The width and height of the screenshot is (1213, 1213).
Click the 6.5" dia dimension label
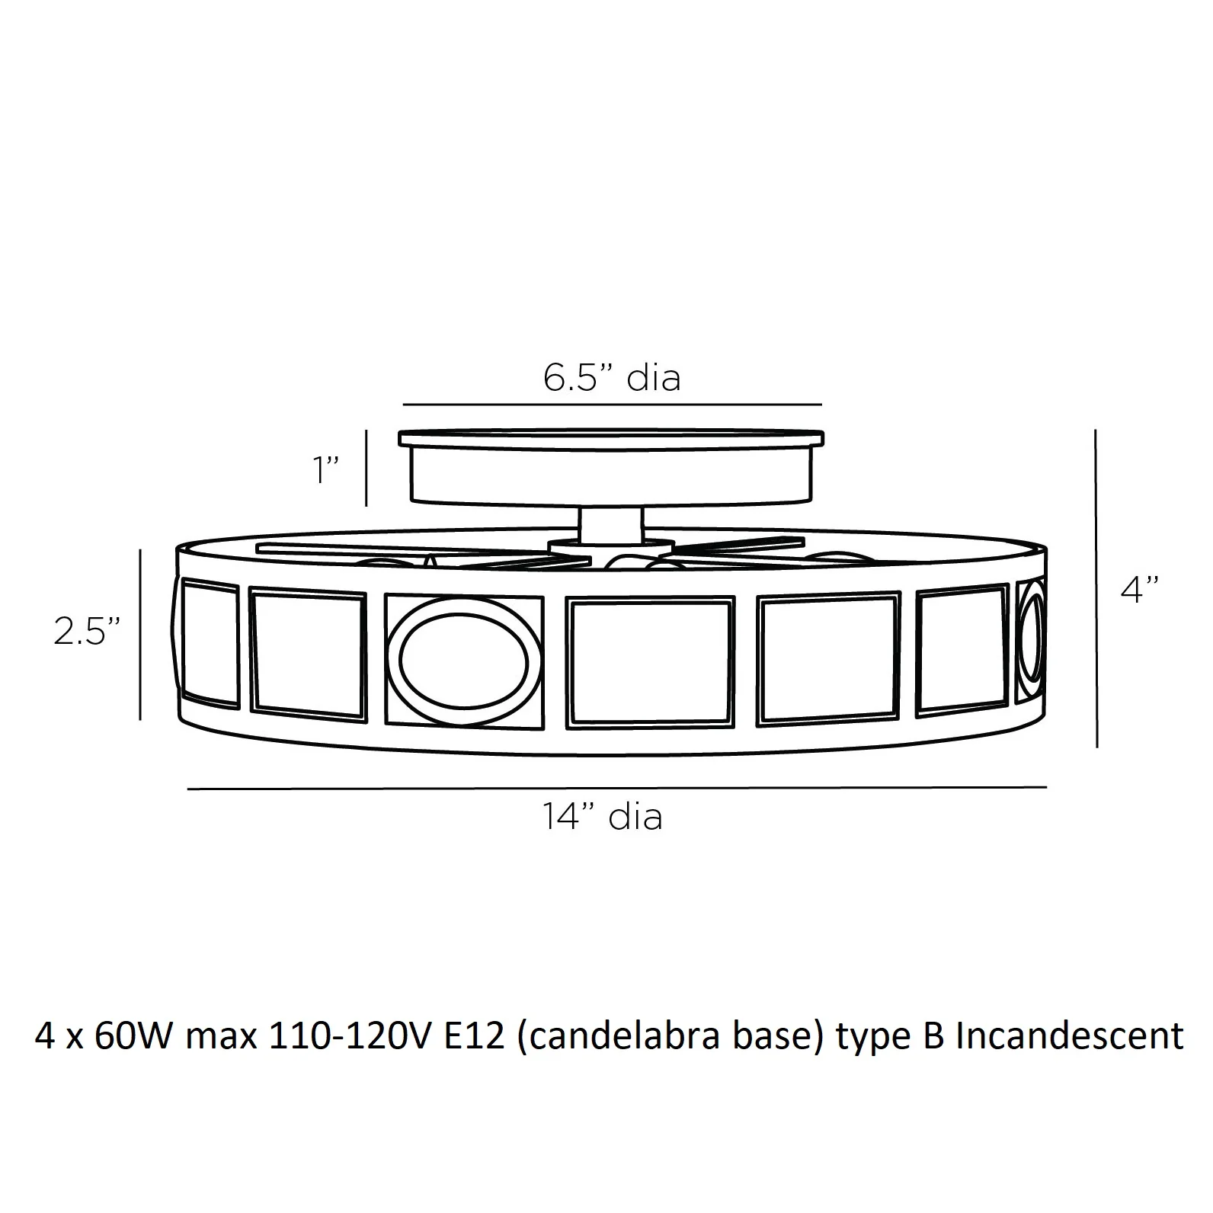[612, 377]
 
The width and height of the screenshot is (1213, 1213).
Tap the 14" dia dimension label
[603, 816]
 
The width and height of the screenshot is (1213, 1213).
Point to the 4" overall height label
[1140, 589]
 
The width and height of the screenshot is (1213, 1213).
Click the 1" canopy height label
[327, 469]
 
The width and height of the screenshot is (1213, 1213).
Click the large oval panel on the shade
[464, 659]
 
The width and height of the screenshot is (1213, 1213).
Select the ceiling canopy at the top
[611, 466]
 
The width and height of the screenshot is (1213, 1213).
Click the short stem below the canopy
[611, 523]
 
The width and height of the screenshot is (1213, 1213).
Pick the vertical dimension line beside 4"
[1096, 588]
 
